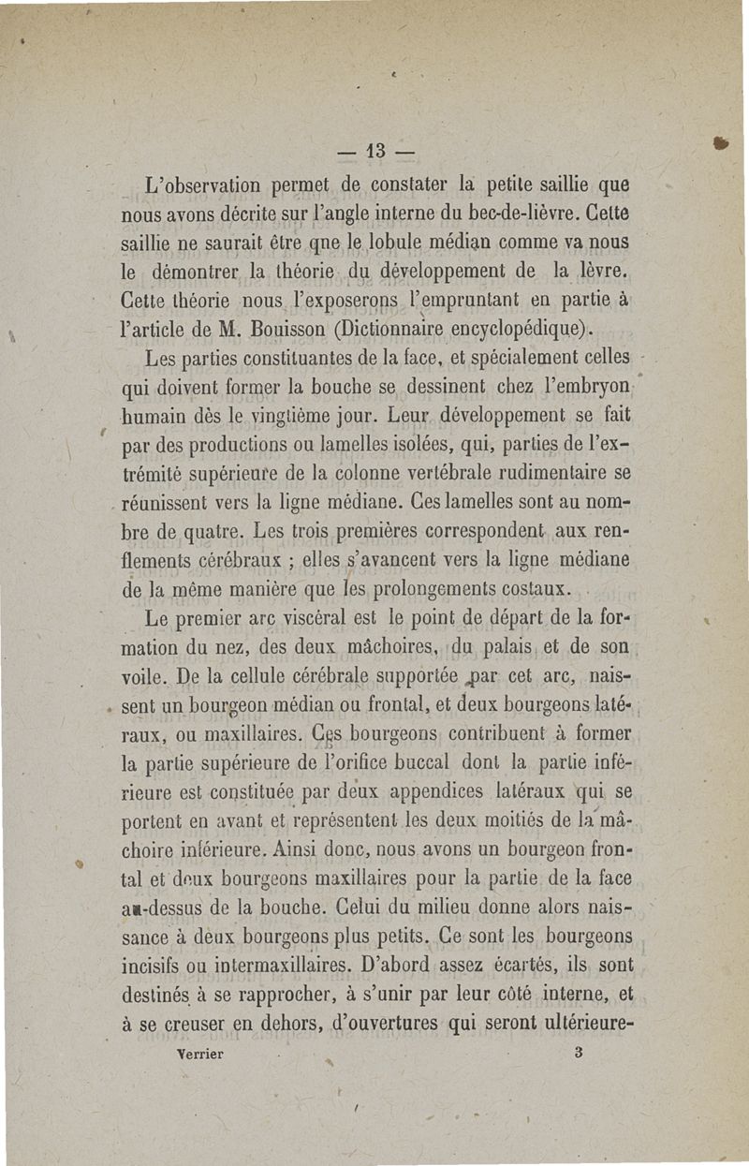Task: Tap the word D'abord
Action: pyautogui.click(x=429, y=964)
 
